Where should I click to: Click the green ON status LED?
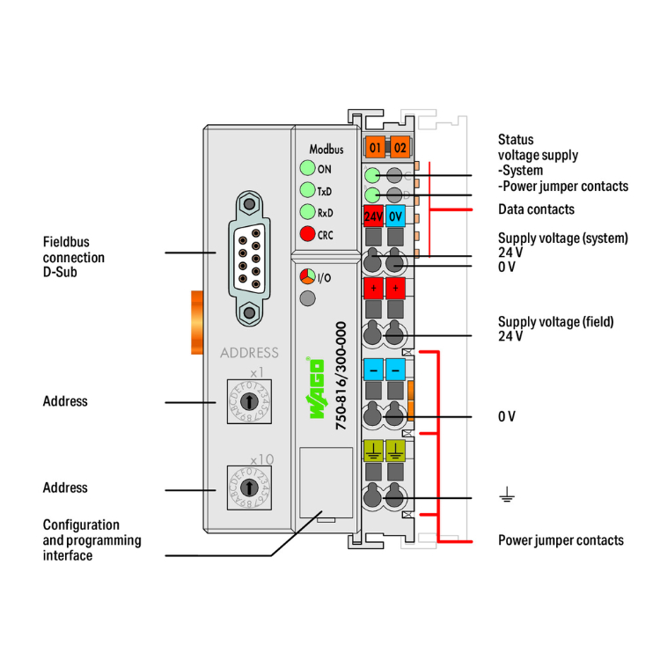pyautogui.click(x=306, y=169)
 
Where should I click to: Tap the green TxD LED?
pyautogui.click(x=306, y=190)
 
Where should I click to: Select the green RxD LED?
pyautogui.click(x=306, y=212)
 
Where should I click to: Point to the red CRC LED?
pyautogui.click(x=306, y=234)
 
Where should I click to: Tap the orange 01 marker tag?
pyautogui.click(x=375, y=147)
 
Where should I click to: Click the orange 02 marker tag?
pyautogui.click(x=400, y=147)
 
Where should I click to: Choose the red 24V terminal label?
pyautogui.click(x=373, y=216)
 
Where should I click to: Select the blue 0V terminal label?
pyautogui.click(x=395, y=216)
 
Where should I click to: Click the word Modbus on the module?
pyautogui.click(x=326, y=150)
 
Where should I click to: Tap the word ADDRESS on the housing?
pyautogui.click(x=249, y=353)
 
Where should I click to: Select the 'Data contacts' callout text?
pyautogui.click(x=536, y=209)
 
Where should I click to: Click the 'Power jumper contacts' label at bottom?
pyautogui.click(x=561, y=539)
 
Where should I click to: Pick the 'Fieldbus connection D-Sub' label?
pyautogui.click(x=74, y=257)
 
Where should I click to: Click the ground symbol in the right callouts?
pyautogui.click(x=506, y=498)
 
